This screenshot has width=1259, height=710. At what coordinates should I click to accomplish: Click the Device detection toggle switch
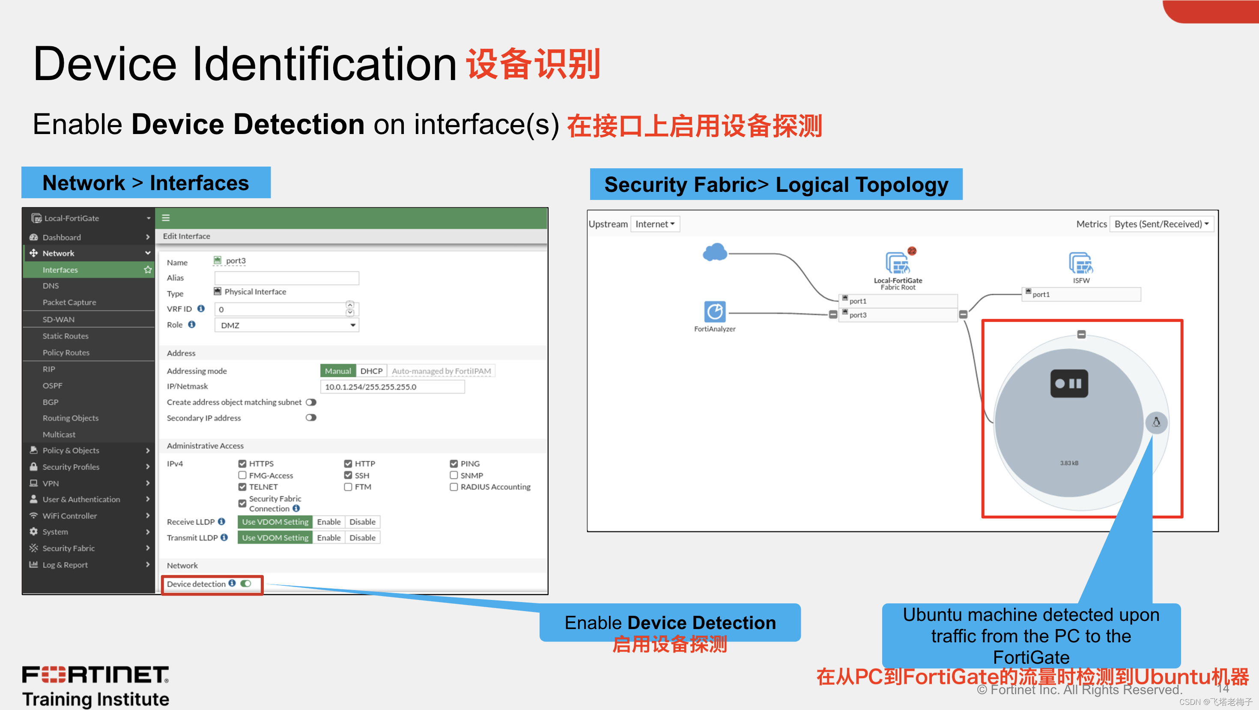pyautogui.click(x=246, y=583)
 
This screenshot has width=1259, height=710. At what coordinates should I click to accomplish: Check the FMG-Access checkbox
pyautogui.click(x=242, y=475)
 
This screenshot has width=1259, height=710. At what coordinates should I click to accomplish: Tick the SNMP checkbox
pyautogui.click(x=453, y=475)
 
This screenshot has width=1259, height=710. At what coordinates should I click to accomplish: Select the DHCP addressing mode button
pyautogui.click(x=371, y=371)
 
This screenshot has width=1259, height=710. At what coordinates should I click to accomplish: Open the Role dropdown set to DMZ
pyautogui.click(x=287, y=325)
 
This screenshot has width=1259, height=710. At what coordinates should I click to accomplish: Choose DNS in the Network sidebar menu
pyautogui.click(x=51, y=286)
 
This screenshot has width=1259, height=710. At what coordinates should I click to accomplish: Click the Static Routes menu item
pyautogui.click(x=66, y=336)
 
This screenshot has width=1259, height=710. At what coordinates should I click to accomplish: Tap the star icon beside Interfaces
pyautogui.click(x=148, y=270)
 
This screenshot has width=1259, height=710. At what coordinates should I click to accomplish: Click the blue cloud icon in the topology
pyautogui.click(x=715, y=253)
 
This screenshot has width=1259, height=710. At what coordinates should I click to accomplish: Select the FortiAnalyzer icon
pyautogui.click(x=715, y=311)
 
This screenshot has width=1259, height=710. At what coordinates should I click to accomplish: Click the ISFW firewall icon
pyautogui.click(x=1080, y=263)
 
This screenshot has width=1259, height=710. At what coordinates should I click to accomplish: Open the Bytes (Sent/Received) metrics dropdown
pyautogui.click(x=1161, y=224)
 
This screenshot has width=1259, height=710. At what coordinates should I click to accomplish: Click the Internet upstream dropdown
pyautogui.click(x=655, y=224)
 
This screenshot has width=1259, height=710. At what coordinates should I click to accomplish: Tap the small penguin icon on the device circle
pyautogui.click(x=1156, y=422)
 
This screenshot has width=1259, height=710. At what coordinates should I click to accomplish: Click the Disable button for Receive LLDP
pyautogui.click(x=362, y=522)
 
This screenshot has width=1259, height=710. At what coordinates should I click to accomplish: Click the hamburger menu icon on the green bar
pyautogui.click(x=166, y=218)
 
